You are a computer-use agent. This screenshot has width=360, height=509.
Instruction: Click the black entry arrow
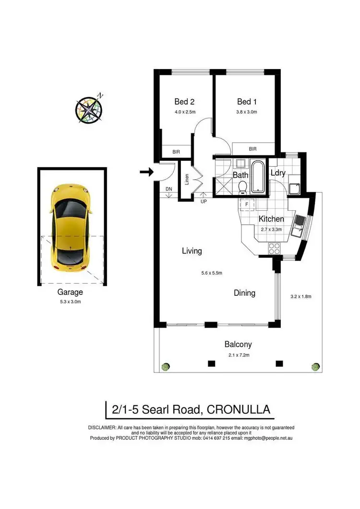(x=146, y=171)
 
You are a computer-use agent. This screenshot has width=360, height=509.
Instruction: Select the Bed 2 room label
(x=184, y=102)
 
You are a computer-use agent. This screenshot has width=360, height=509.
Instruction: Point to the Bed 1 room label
(x=247, y=102)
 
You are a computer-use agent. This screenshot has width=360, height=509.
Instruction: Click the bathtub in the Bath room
(x=258, y=177)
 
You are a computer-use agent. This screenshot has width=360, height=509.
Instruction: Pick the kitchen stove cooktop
(x=274, y=248)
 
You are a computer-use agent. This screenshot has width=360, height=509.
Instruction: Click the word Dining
(x=244, y=293)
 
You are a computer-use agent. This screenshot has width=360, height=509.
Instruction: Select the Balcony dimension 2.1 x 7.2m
(x=238, y=355)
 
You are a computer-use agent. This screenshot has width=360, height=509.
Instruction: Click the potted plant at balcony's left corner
(x=165, y=367)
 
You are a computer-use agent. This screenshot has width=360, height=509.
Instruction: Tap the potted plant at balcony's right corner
(x=315, y=366)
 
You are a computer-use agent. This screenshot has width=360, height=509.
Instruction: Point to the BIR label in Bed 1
(x=252, y=149)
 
